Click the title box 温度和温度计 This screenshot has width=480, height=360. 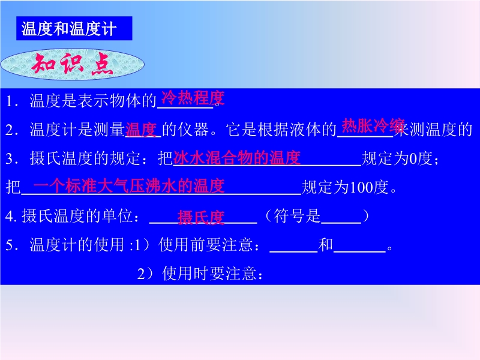click(x=74, y=28)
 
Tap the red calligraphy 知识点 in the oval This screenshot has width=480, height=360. click(x=73, y=64)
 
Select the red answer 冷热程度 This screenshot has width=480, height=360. click(x=193, y=98)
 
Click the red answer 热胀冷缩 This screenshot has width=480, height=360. click(x=373, y=125)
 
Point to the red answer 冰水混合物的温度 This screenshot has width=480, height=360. click(x=237, y=158)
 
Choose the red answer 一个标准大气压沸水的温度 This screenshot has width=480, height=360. click(x=129, y=186)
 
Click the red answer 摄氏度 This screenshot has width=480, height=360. click(x=201, y=218)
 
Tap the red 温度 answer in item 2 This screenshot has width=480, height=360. click(x=142, y=130)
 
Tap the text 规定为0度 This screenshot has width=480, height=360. click(x=397, y=158)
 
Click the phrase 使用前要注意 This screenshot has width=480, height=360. click(x=205, y=245)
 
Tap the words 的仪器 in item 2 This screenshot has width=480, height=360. click(x=186, y=130)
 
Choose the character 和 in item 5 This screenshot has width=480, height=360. click(x=326, y=245)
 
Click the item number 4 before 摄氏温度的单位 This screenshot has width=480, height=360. click(x=9, y=216)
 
